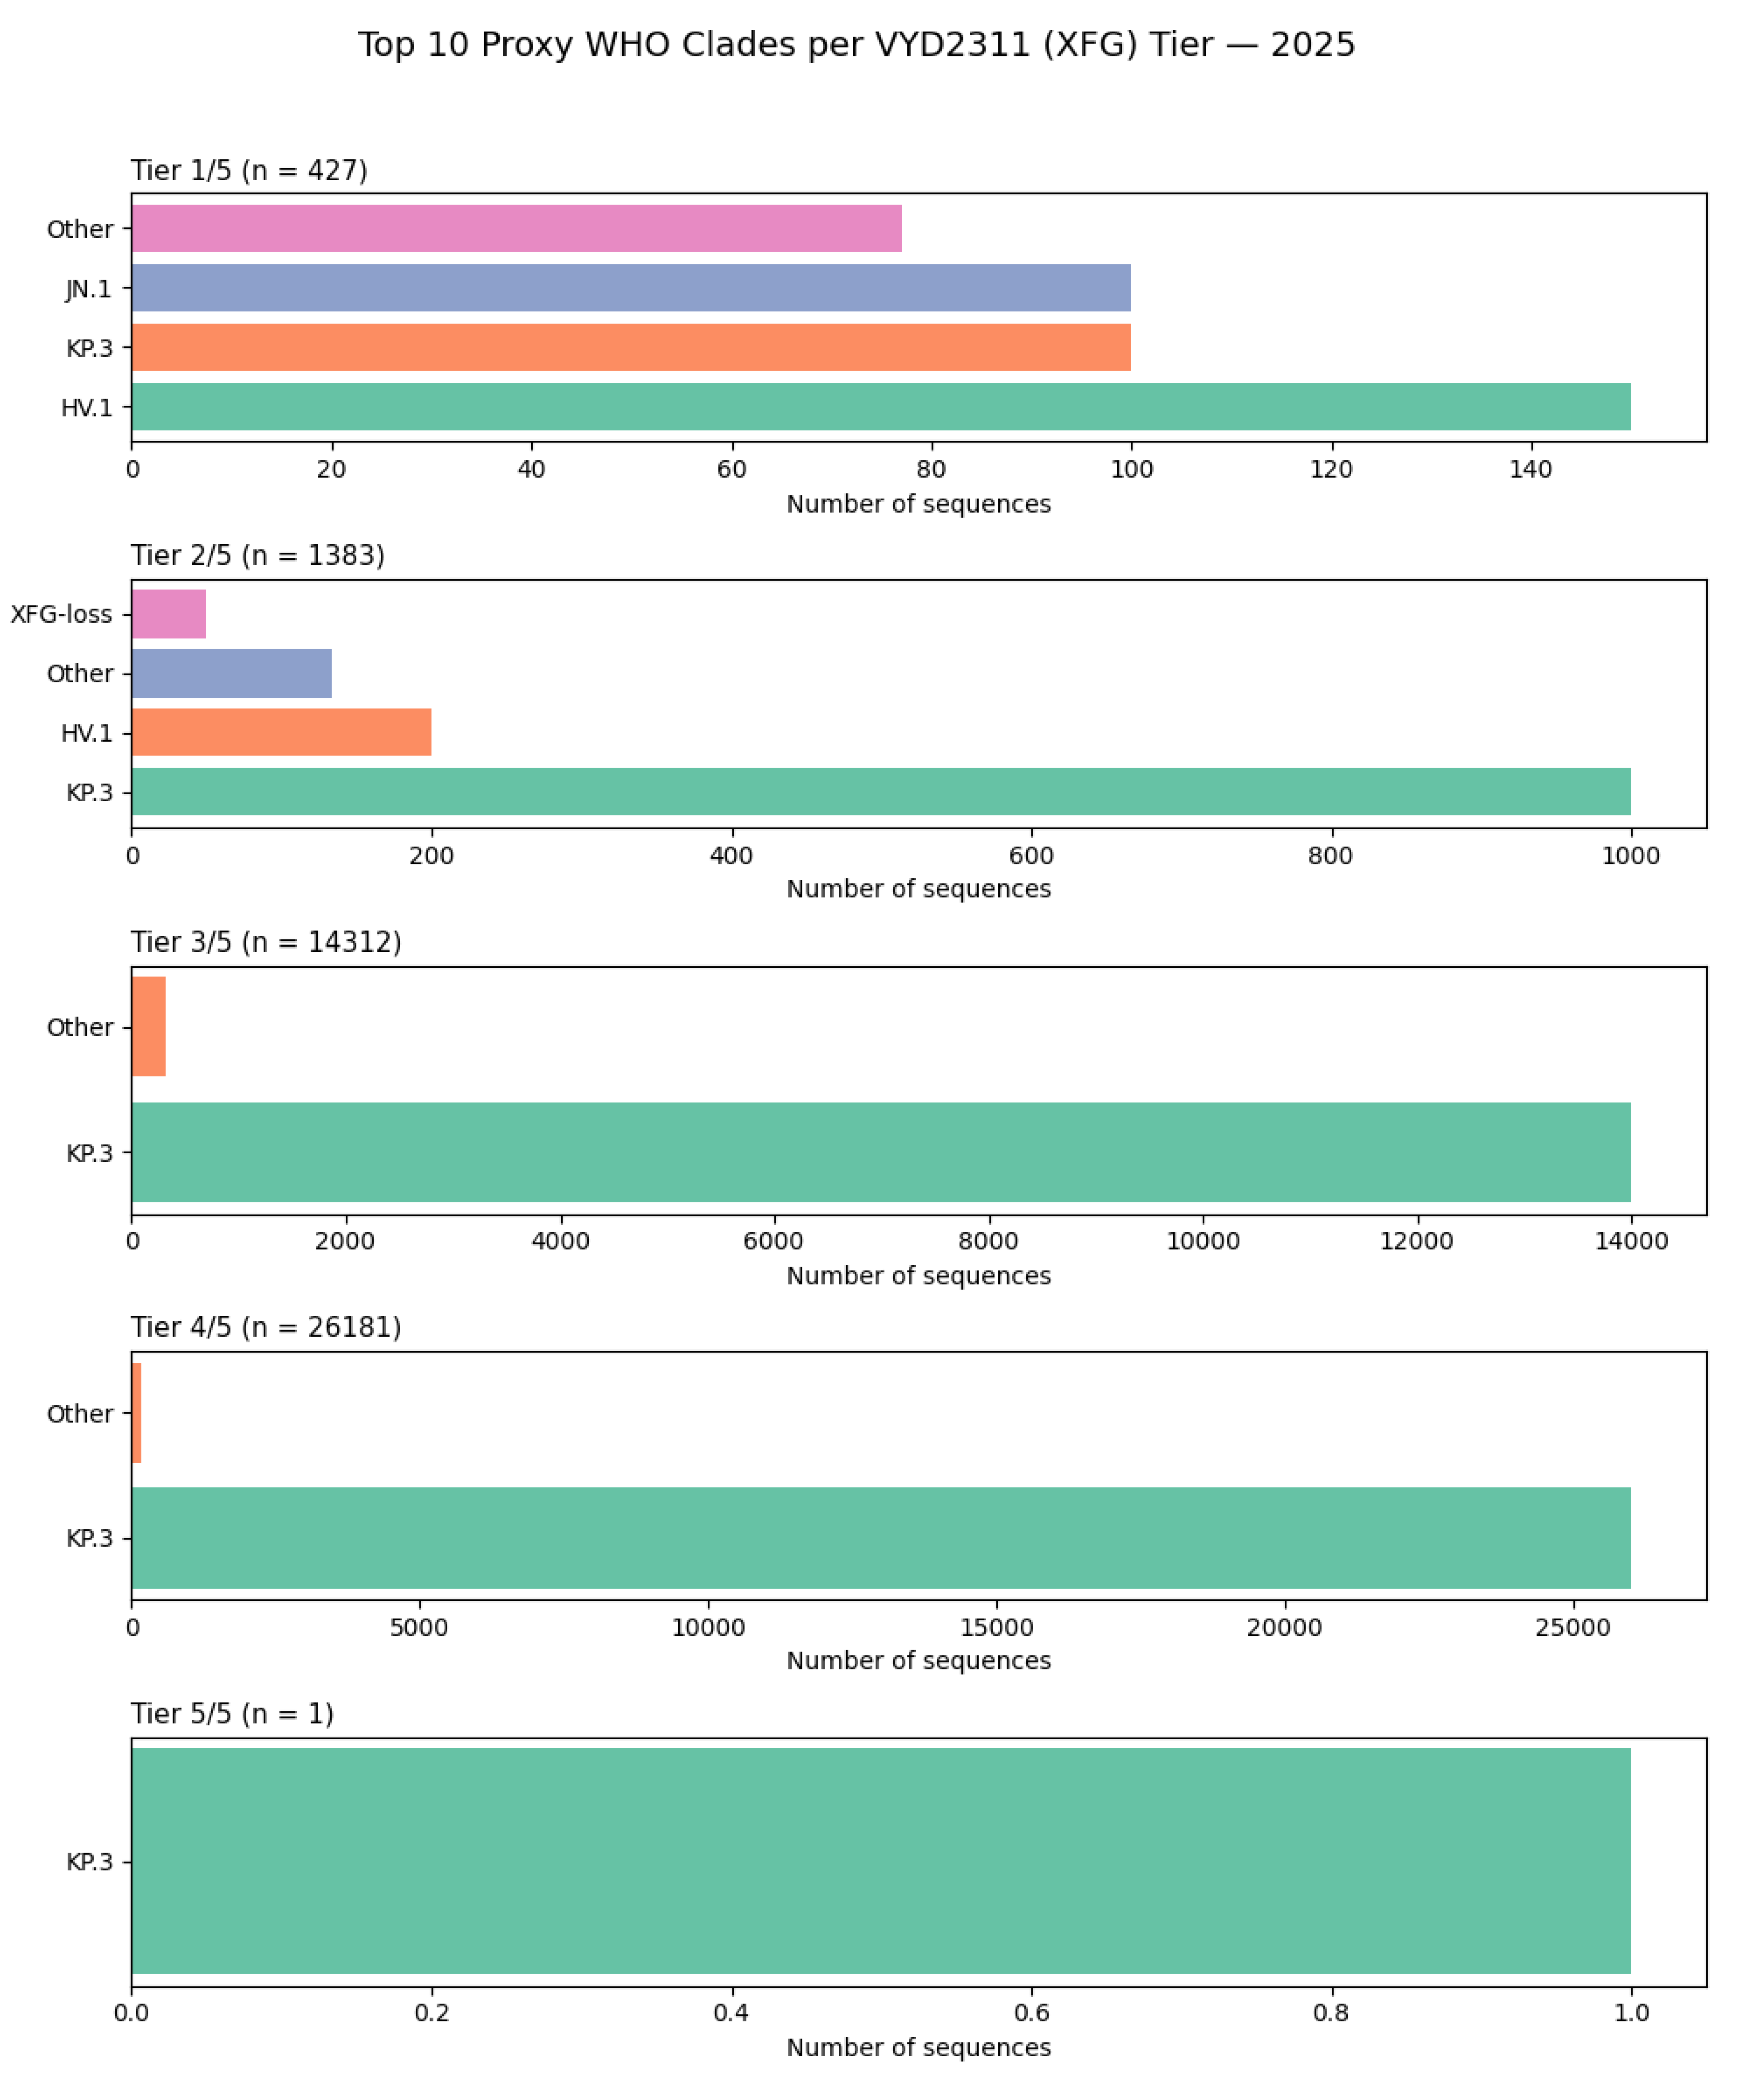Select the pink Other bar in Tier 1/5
click(x=515, y=228)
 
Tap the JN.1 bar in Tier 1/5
click(x=630, y=288)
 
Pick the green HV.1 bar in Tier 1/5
click(x=880, y=407)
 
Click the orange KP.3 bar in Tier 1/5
click(x=630, y=347)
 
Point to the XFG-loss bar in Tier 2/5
click(x=169, y=614)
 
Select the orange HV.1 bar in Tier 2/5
click(x=281, y=732)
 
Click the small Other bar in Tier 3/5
click(x=149, y=1026)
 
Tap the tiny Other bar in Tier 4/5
click(x=137, y=1413)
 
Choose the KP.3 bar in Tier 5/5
click(x=880, y=1861)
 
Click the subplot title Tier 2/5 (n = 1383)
click(x=258, y=555)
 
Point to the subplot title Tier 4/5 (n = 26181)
click(x=265, y=1326)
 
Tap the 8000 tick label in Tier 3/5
click(x=988, y=1241)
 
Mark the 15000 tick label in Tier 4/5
click(x=996, y=1627)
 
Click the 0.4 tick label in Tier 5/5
click(x=731, y=2013)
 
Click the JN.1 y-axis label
click(x=88, y=289)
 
